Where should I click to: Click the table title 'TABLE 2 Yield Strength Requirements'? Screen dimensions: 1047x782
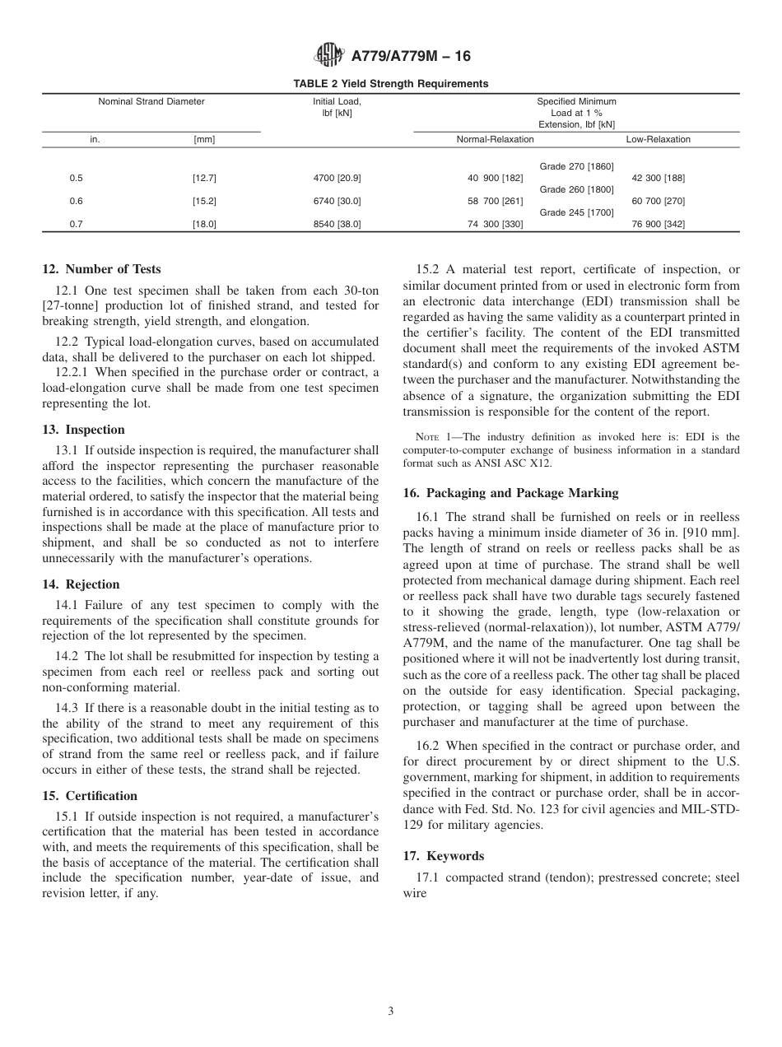click(x=390, y=84)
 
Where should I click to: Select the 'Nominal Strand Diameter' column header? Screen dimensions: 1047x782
click(x=151, y=102)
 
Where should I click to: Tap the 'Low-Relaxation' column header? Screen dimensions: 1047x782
click(x=658, y=140)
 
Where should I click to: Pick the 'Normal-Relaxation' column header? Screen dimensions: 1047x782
click(x=495, y=140)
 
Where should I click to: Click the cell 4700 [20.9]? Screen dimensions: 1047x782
click(x=337, y=179)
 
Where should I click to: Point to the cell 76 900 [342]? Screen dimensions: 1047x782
click(x=658, y=225)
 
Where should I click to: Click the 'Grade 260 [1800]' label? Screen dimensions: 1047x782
click(x=576, y=190)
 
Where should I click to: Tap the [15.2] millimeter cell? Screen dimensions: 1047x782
click(x=204, y=202)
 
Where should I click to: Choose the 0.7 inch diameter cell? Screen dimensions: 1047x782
click(x=77, y=225)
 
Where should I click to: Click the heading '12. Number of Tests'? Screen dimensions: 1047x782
click(x=101, y=269)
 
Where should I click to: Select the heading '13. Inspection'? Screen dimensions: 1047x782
click(x=83, y=430)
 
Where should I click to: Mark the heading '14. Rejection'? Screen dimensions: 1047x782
click(x=81, y=584)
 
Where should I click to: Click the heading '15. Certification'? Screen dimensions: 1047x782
click(x=90, y=796)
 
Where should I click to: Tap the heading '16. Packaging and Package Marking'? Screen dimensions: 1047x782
click(x=510, y=493)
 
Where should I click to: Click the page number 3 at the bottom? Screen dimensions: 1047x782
click(x=391, y=1012)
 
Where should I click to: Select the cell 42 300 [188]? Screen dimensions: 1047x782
click(x=658, y=179)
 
